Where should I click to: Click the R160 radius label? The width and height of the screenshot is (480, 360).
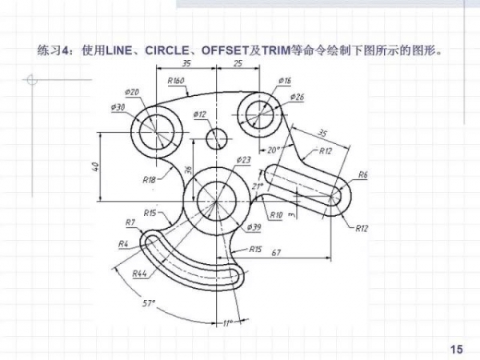pyautogui.click(x=177, y=80)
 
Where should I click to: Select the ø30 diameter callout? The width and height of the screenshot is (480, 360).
pyautogui.click(x=118, y=106)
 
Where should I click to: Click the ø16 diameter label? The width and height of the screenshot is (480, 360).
pyautogui.click(x=285, y=81)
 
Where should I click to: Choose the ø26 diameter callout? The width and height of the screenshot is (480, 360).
pyautogui.click(x=298, y=97)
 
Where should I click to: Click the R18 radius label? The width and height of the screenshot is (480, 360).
pyautogui.click(x=150, y=180)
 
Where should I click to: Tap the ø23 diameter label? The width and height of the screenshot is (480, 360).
pyautogui.click(x=243, y=160)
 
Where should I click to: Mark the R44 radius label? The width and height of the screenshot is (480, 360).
pyautogui.click(x=140, y=274)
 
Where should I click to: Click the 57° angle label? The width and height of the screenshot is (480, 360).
pyautogui.click(x=150, y=303)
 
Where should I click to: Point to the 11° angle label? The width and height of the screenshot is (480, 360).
pyautogui.click(x=226, y=323)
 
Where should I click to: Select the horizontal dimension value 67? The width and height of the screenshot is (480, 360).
pyautogui.click(x=276, y=253)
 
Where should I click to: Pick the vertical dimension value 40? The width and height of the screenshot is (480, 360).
pyautogui.click(x=95, y=166)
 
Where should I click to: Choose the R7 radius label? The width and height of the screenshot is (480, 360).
pyautogui.click(x=130, y=222)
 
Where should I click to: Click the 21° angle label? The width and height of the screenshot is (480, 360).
pyautogui.click(x=258, y=186)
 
